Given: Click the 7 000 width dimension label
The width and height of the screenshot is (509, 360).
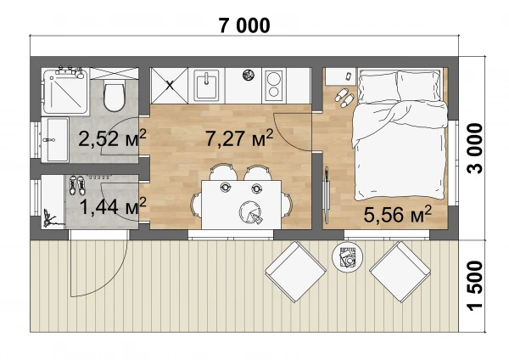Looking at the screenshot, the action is coord(244,25).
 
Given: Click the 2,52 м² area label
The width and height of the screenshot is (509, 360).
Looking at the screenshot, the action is coord(112,138).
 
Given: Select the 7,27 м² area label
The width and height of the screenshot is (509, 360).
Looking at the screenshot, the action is coord(239,138).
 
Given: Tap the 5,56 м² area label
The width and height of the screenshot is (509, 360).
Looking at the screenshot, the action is coord(397,214).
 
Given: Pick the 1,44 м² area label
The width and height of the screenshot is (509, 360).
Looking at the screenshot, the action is coord(113,206).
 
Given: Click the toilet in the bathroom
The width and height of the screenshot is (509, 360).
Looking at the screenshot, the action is coord(114,96).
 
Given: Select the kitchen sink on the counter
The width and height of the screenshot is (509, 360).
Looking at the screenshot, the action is coord(206,84).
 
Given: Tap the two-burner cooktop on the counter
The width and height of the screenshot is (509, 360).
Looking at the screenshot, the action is coord(274,85).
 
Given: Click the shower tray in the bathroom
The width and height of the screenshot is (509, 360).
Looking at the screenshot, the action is coord(66,91).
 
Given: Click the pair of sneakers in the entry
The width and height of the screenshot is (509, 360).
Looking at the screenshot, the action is coord(77,186).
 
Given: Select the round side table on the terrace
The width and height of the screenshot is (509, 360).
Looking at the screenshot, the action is coord(347,257).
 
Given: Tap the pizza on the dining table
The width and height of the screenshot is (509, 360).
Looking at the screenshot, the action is coord(250,212).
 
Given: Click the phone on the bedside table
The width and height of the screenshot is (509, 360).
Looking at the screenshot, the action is coord(349,76).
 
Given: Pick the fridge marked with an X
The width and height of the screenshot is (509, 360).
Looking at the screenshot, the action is coord(169,86).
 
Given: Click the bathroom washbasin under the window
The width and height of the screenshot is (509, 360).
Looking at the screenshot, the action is coord(55,140).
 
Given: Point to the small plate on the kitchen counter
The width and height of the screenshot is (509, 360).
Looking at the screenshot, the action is coord(249,75).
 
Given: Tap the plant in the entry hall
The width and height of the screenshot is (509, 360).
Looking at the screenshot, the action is coord(49,218).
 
